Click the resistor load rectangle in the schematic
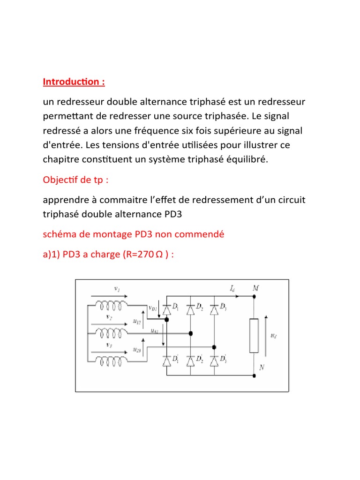(254, 335)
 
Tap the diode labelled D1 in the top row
(167, 309)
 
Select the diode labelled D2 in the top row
(190, 309)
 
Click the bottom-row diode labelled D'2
(190, 361)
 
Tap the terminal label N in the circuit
(261, 368)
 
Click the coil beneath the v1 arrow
(111, 306)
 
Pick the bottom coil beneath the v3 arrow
(111, 360)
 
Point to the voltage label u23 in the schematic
(137, 350)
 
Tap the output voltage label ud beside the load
(274, 336)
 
